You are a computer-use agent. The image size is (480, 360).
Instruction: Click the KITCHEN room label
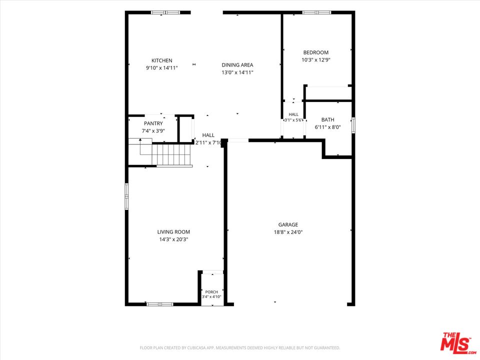162,60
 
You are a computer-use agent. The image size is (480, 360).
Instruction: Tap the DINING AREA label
237,65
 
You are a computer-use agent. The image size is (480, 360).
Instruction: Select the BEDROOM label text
315,52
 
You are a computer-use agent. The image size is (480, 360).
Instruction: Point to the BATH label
327,119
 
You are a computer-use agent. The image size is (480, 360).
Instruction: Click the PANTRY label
153,123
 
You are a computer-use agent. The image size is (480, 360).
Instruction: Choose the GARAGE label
288,224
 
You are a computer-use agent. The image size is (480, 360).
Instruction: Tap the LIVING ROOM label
173,232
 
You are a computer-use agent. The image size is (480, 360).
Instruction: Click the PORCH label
211,292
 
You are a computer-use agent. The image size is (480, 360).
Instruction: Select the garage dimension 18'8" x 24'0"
288,232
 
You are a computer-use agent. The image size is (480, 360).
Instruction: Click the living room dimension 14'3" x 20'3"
173,239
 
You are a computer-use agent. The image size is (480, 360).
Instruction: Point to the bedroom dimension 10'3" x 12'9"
315,59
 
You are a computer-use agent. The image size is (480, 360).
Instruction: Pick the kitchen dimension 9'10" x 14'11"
162,68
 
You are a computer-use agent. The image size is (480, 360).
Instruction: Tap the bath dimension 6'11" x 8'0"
327,127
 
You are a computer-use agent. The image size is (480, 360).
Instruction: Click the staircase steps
171,154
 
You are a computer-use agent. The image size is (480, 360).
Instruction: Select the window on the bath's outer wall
353,125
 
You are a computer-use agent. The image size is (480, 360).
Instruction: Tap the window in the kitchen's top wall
165,12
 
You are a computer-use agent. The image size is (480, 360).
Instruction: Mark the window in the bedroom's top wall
316,12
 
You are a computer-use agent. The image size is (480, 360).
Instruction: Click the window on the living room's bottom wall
160,304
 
